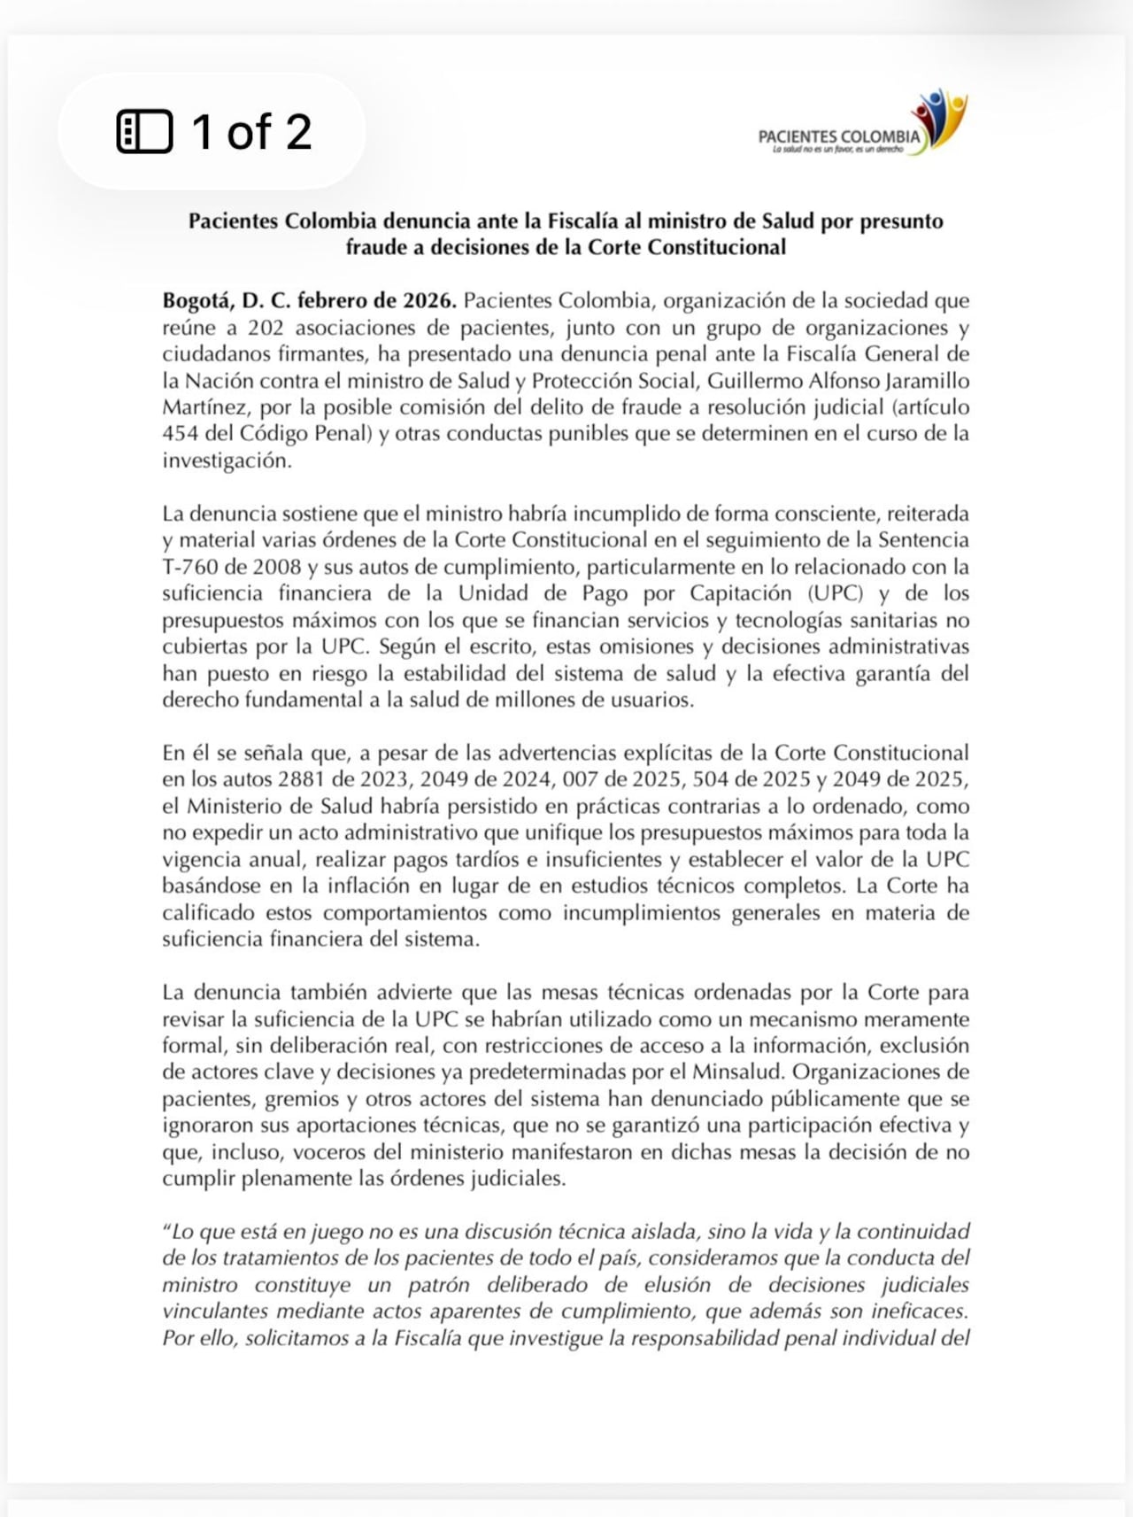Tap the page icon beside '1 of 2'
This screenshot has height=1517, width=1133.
(x=144, y=132)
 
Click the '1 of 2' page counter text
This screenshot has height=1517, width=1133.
(x=251, y=132)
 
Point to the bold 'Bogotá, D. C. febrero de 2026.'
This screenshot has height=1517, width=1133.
(x=309, y=300)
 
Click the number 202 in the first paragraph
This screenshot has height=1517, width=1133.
(x=265, y=328)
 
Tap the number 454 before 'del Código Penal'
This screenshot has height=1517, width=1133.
(x=180, y=434)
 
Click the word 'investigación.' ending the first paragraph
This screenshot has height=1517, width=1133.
(x=227, y=461)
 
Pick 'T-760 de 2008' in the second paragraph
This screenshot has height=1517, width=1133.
(x=222, y=567)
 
